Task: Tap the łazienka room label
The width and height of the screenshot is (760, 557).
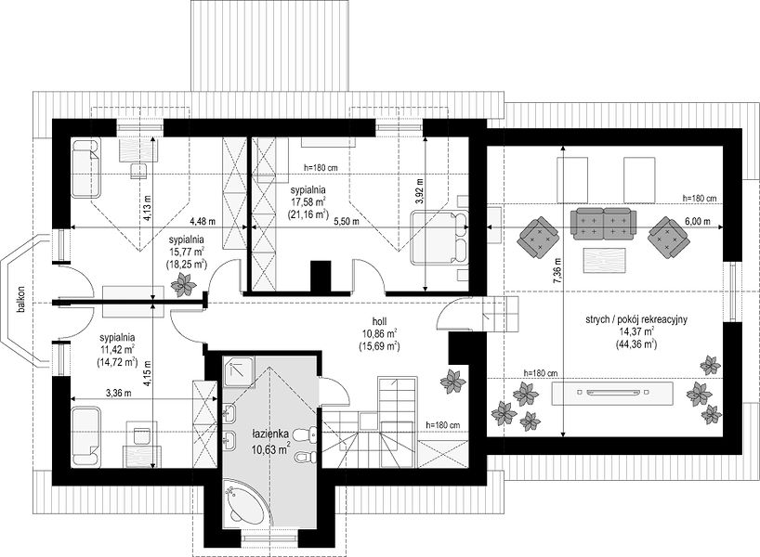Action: [270, 433]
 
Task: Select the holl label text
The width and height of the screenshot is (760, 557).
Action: [379, 320]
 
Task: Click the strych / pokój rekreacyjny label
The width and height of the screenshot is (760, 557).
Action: [636, 319]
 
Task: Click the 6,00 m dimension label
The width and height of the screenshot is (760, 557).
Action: [698, 221]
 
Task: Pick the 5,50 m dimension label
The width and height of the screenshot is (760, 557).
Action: [347, 221]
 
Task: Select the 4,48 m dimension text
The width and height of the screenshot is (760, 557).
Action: [203, 221]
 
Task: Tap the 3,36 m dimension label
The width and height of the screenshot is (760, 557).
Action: [119, 394]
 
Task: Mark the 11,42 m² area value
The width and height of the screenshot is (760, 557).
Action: [117, 349]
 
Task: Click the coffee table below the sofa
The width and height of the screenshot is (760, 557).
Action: [604, 260]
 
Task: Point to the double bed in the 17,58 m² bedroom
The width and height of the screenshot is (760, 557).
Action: [439, 238]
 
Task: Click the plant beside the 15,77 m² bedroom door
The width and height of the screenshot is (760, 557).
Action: [183, 284]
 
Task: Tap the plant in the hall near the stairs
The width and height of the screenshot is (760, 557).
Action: [453, 382]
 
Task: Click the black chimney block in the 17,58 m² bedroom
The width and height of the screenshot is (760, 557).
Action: [321, 277]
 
